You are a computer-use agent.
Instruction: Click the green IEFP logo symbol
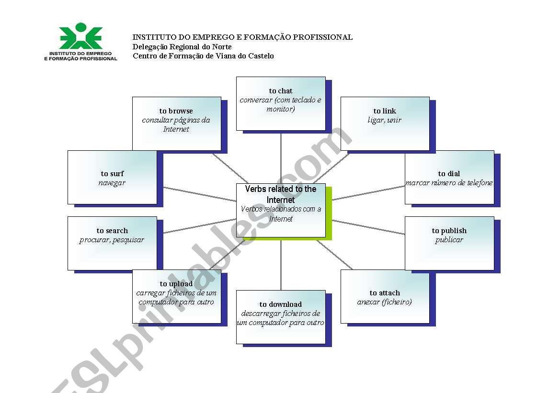[81, 36]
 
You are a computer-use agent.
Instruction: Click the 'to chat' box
[281, 103]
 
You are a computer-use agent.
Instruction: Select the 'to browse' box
[176, 124]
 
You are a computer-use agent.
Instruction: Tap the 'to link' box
[385, 124]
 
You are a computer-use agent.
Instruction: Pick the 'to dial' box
[449, 177]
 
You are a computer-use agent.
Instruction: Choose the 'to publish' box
[449, 243]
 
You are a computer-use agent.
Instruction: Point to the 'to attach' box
[385, 296]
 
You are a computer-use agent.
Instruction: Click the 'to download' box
[281, 316]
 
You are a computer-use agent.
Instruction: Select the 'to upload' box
[176, 296]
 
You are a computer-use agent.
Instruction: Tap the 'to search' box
[112, 243]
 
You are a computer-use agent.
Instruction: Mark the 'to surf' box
[112, 177]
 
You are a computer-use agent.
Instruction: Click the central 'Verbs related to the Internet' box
[281, 210]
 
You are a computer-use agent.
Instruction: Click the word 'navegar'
[112, 183]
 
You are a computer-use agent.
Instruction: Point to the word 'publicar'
[449, 240]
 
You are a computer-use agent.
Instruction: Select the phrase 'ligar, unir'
[384, 120]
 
